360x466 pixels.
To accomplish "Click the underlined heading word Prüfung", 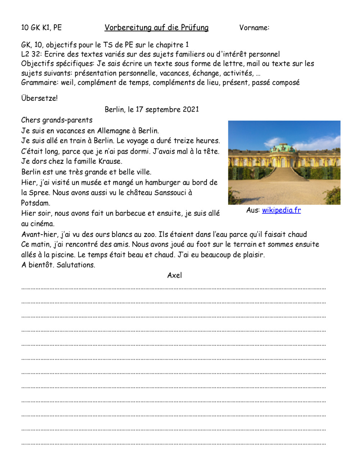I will [194, 28].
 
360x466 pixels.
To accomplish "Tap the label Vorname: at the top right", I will [254, 28].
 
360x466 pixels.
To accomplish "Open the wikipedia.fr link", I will [281, 210].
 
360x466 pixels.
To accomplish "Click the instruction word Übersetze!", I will [39, 98].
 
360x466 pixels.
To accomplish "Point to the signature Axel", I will [175, 275].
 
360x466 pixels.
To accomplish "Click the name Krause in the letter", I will [110, 161].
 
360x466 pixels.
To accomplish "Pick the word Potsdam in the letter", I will [35, 203].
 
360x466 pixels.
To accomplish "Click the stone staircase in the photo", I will [284, 175].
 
